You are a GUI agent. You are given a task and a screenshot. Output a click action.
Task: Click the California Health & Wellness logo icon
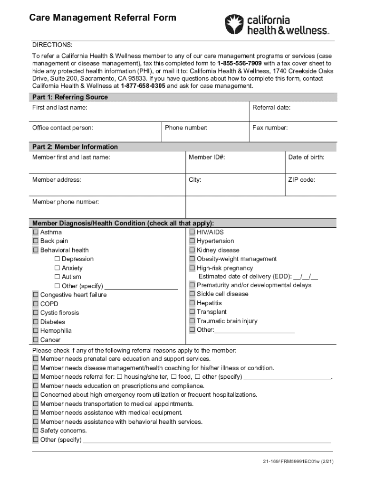233,24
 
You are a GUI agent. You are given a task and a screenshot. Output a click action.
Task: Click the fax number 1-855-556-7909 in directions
239,63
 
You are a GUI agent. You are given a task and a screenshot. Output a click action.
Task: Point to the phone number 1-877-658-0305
143,86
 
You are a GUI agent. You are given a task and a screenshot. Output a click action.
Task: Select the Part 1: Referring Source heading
70,97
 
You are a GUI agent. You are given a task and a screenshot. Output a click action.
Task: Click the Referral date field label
271,108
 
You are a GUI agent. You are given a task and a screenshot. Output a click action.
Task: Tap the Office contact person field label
63,128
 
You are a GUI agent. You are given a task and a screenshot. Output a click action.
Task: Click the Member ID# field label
207,157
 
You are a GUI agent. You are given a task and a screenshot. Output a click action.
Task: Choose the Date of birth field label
306,157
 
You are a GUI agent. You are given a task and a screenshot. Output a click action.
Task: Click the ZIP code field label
301,180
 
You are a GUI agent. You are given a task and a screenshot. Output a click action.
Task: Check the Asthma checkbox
36,233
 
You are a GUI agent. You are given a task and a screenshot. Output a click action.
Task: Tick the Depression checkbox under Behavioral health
57,259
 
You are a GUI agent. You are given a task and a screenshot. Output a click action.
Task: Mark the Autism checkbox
57,277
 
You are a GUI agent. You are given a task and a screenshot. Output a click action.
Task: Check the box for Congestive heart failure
36,295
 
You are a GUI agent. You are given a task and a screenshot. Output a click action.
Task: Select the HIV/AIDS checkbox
192,233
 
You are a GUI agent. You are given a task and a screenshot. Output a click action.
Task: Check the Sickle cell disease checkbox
192,294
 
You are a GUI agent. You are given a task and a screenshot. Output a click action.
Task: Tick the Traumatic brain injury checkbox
192,321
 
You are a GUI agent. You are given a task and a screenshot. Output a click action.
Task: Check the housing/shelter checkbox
119,377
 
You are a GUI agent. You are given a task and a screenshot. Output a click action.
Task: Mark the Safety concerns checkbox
36,430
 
